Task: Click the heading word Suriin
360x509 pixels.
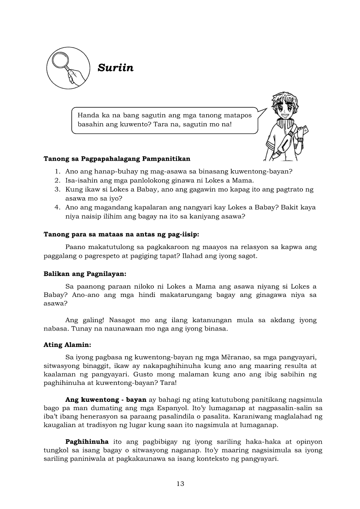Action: click(x=115, y=68)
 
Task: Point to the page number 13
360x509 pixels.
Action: click(x=180, y=483)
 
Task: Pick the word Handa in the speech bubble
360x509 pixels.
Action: click(x=88, y=115)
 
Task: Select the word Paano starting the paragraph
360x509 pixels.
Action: click(x=75, y=247)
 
